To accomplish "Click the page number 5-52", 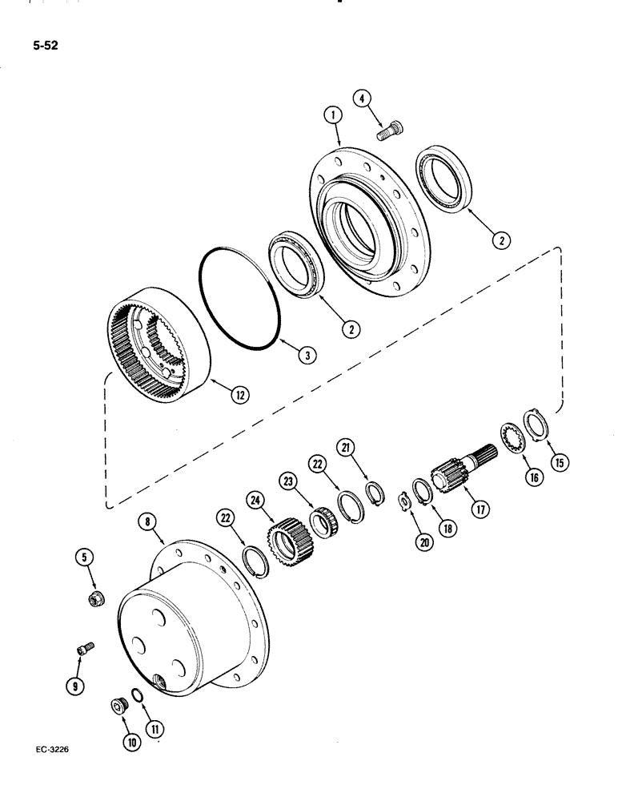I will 46,46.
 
